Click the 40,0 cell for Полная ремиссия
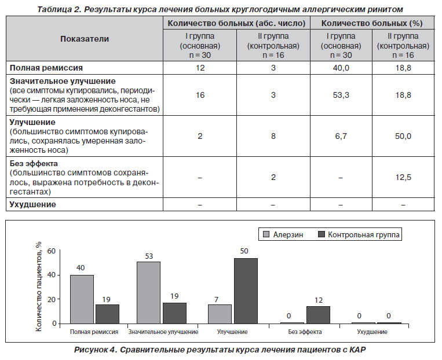pos(341,68)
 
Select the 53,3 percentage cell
pos(341,95)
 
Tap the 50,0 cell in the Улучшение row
pos(403,136)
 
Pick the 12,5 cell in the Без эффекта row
pos(403,177)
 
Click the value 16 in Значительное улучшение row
pos(200,95)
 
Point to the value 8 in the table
pos(273,136)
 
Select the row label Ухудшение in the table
pos(32,204)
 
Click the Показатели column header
pos(84,39)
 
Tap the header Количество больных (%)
pos(372,23)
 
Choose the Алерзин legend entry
pos(283,234)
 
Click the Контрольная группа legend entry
pos(359,234)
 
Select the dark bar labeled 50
pos(246,291)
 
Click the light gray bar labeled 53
pos(148,293)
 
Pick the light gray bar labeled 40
pos(82,299)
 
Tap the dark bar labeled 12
pos(318,315)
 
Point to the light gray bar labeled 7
pos(220,314)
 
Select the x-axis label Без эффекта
pos(305,332)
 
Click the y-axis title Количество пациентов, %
pos(39,286)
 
